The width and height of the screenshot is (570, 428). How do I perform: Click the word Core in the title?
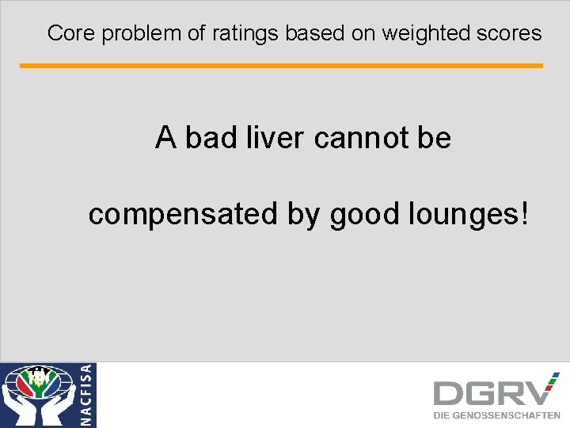tap(65, 33)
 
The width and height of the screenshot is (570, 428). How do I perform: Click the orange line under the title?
tap(281, 66)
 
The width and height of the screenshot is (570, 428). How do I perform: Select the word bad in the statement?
tap(208, 138)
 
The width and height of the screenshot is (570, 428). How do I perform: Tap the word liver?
tap(274, 138)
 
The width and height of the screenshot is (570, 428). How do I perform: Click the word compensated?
tap(183, 214)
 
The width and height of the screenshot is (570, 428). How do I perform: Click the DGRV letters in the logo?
tap(495, 392)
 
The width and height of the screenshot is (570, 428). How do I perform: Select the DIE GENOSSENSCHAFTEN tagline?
tap(496, 415)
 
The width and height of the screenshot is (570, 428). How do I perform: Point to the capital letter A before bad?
tap(166, 138)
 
